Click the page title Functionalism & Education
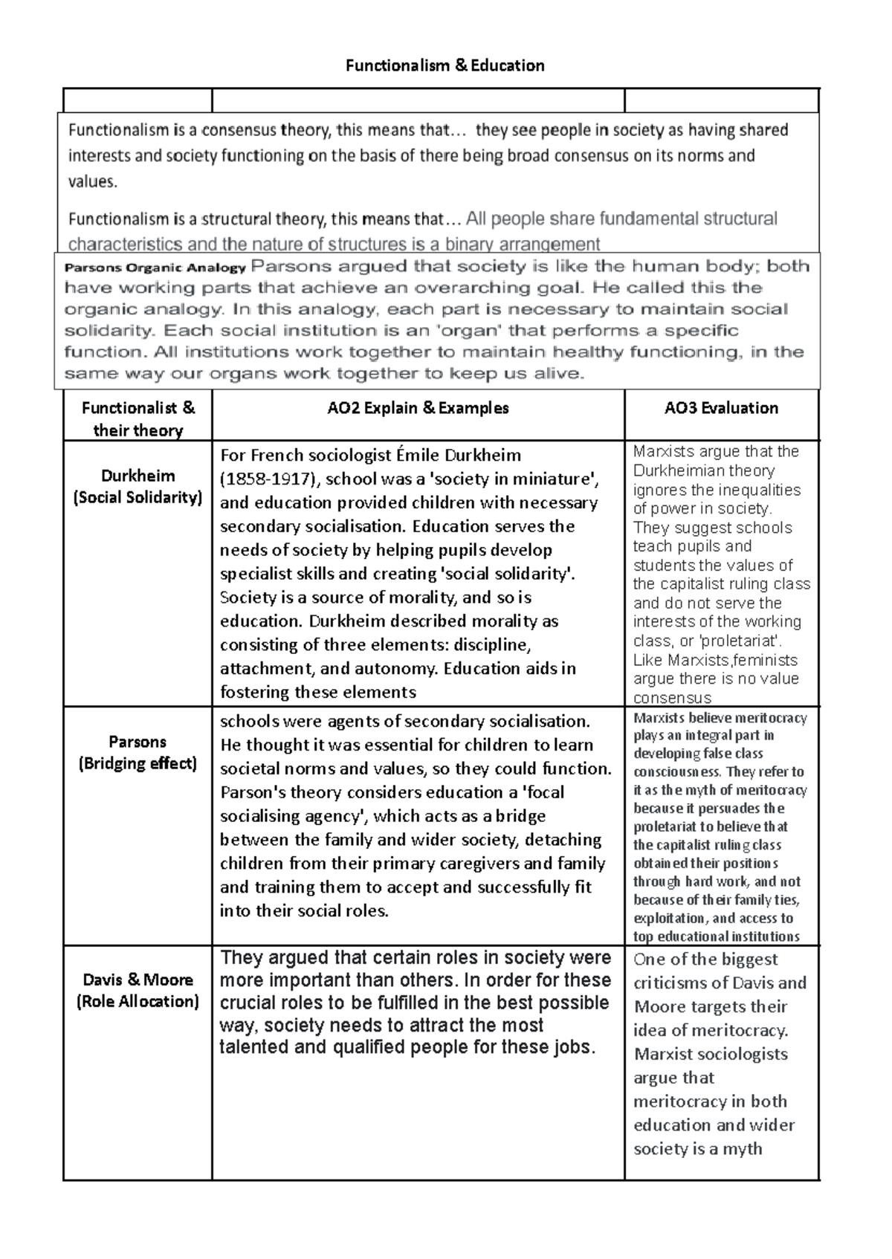tap(445, 65)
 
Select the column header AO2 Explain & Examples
tap(418, 408)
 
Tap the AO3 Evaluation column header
tap(721, 408)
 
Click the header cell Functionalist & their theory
tap(138, 418)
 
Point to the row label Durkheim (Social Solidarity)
tap(138, 487)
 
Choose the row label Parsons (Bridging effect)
tap(138, 752)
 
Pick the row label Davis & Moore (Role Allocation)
tap(138, 990)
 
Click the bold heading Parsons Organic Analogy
tap(155, 268)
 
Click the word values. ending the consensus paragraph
tap(92, 181)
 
